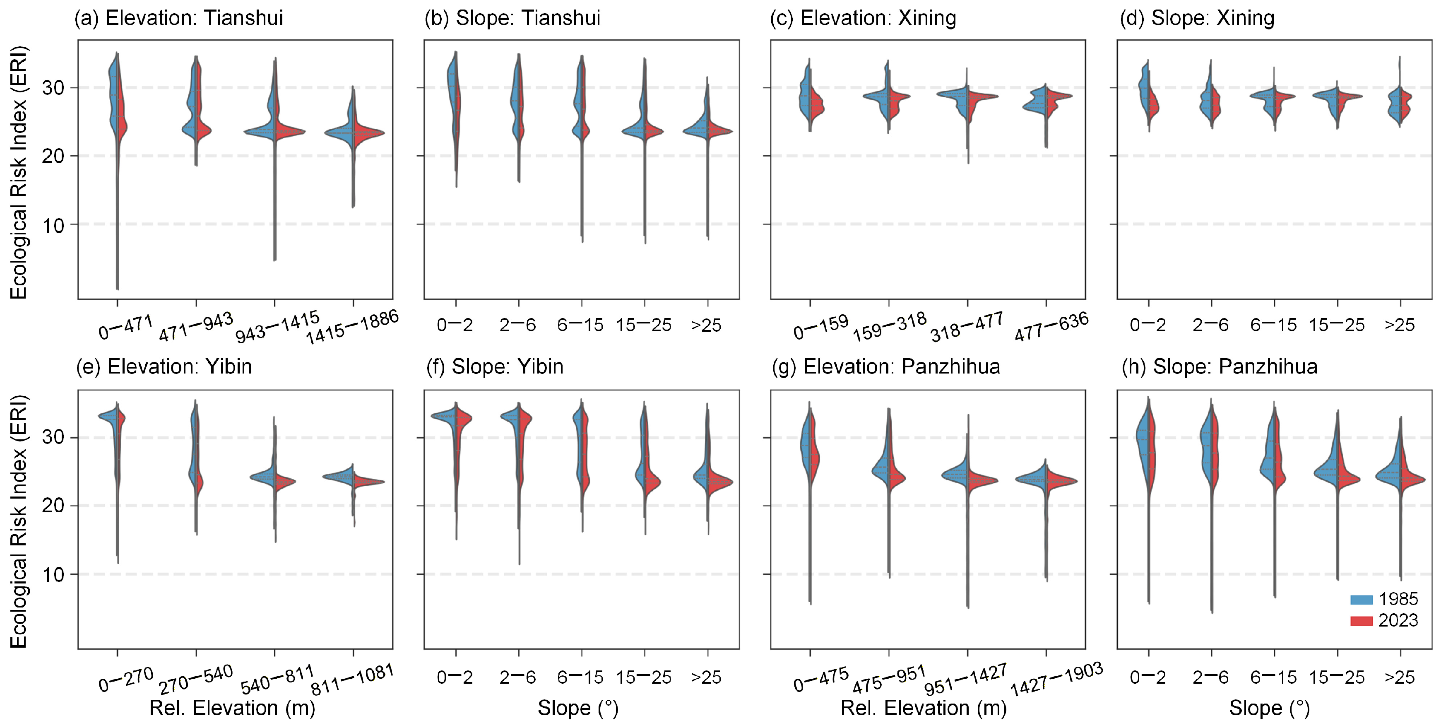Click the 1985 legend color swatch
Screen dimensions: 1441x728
(x=1361, y=599)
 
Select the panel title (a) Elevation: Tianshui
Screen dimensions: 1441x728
(x=179, y=18)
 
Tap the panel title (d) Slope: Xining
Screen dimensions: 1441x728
(x=1197, y=18)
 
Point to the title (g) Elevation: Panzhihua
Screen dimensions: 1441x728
(x=886, y=367)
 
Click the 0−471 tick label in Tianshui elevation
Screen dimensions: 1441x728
(x=125, y=328)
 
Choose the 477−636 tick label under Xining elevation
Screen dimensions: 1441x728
(x=1051, y=327)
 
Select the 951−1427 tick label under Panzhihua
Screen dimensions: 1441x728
(x=966, y=679)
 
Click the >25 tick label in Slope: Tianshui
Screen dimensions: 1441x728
(x=707, y=325)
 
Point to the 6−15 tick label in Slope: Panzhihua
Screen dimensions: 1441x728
(x=1274, y=677)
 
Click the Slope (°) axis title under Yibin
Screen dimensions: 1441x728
(x=578, y=709)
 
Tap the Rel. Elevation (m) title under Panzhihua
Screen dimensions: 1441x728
(x=924, y=709)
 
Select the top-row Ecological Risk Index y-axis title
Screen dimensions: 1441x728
(x=19, y=172)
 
